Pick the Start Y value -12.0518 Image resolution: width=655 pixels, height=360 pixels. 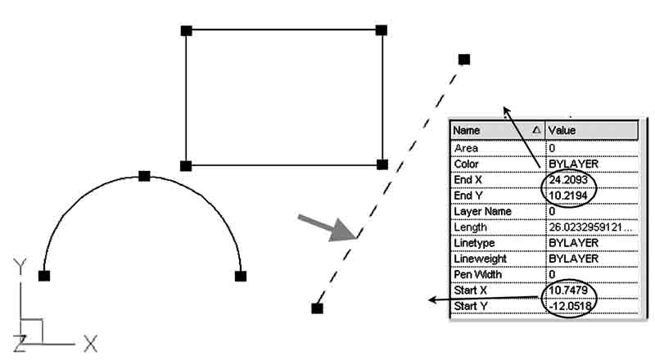(x=571, y=306)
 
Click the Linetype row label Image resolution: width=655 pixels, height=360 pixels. (x=475, y=243)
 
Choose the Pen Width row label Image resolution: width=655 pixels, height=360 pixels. (x=478, y=274)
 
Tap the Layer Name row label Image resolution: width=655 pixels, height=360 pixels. (x=482, y=211)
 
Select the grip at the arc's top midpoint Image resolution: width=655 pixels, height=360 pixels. (x=144, y=176)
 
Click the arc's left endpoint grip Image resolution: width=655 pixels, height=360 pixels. (x=44, y=276)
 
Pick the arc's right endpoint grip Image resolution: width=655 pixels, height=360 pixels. (x=241, y=276)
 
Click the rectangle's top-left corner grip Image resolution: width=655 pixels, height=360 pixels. (x=186, y=30)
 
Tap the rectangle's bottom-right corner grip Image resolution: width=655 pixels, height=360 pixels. (x=382, y=164)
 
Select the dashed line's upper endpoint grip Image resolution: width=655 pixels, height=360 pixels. (x=464, y=59)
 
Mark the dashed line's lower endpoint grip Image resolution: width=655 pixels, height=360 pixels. (x=317, y=308)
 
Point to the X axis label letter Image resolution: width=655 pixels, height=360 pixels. (x=90, y=344)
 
